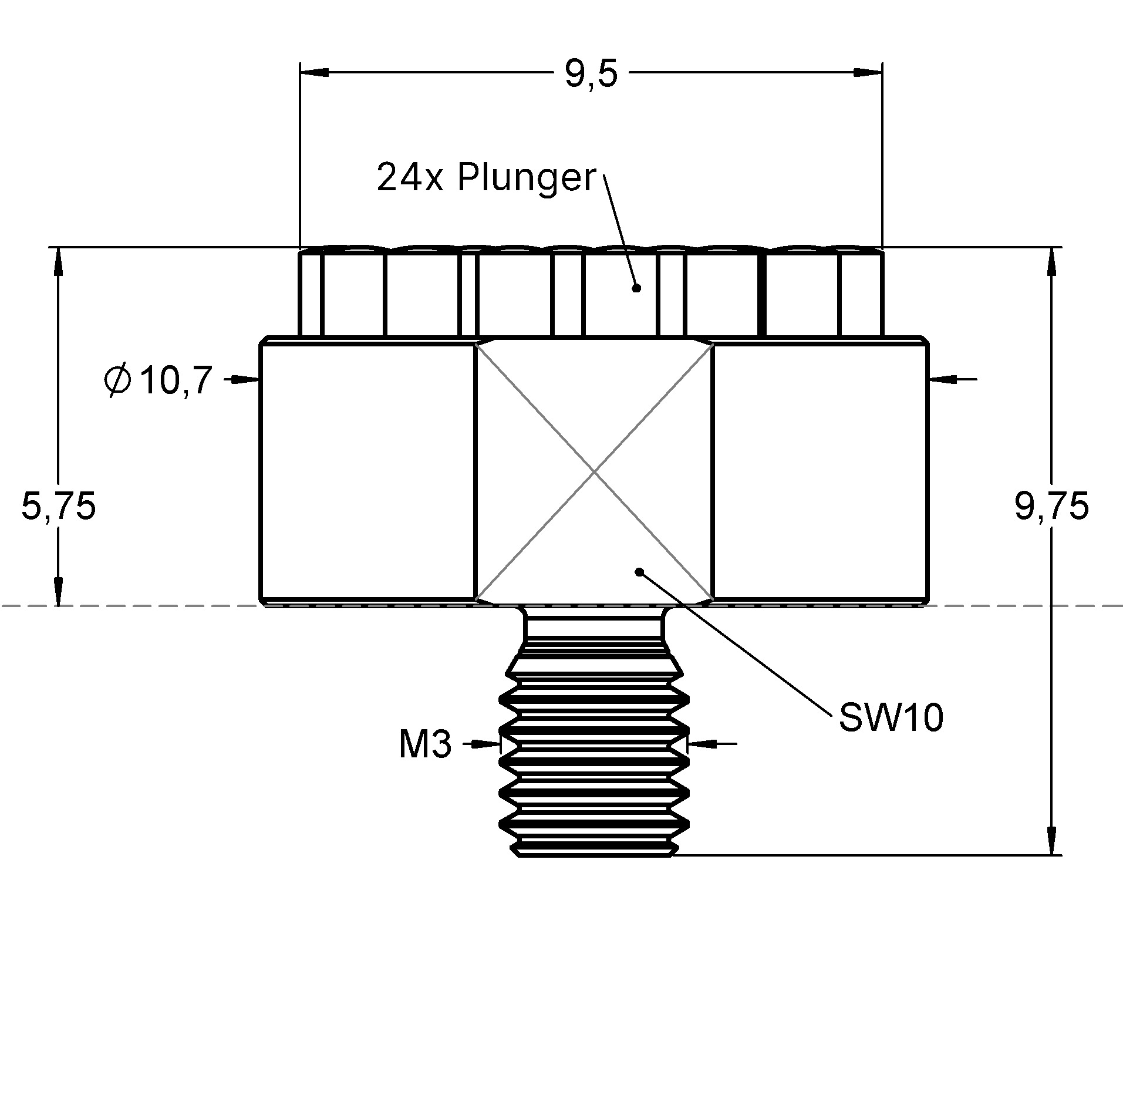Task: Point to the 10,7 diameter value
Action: click(174, 380)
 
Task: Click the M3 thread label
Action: click(425, 744)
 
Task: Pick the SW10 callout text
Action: click(891, 717)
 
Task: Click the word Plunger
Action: click(527, 177)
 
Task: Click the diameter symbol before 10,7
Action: click(117, 380)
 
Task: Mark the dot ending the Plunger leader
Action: click(636, 288)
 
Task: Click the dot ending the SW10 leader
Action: click(640, 571)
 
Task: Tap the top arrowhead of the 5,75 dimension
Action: click(58, 262)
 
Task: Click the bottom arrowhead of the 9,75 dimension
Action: click(1051, 840)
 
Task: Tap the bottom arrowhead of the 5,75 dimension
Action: click(58, 591)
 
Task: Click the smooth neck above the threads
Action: click(594, 625)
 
